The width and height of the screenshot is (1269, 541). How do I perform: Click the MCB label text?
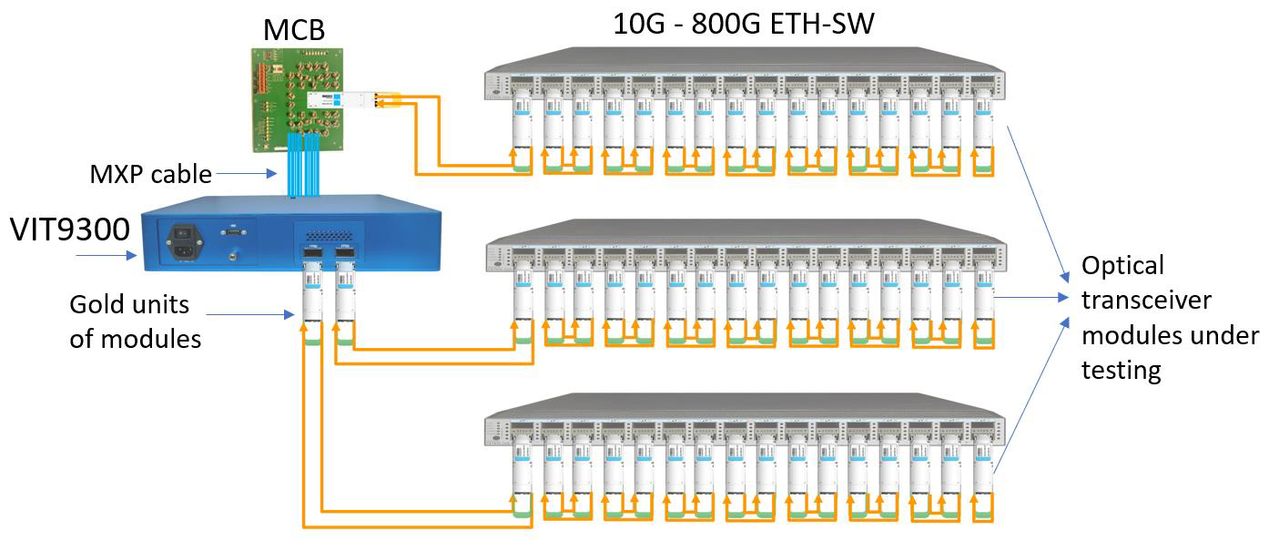293,30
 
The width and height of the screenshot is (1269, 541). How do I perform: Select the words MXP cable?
149,173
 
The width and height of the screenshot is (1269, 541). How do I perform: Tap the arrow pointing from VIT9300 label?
104,257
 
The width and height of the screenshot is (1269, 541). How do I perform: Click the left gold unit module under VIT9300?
311,291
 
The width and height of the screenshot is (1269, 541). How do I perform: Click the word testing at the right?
1122,370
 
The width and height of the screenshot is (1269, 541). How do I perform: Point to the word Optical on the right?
1122,266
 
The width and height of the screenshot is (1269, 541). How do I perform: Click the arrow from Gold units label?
251,315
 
